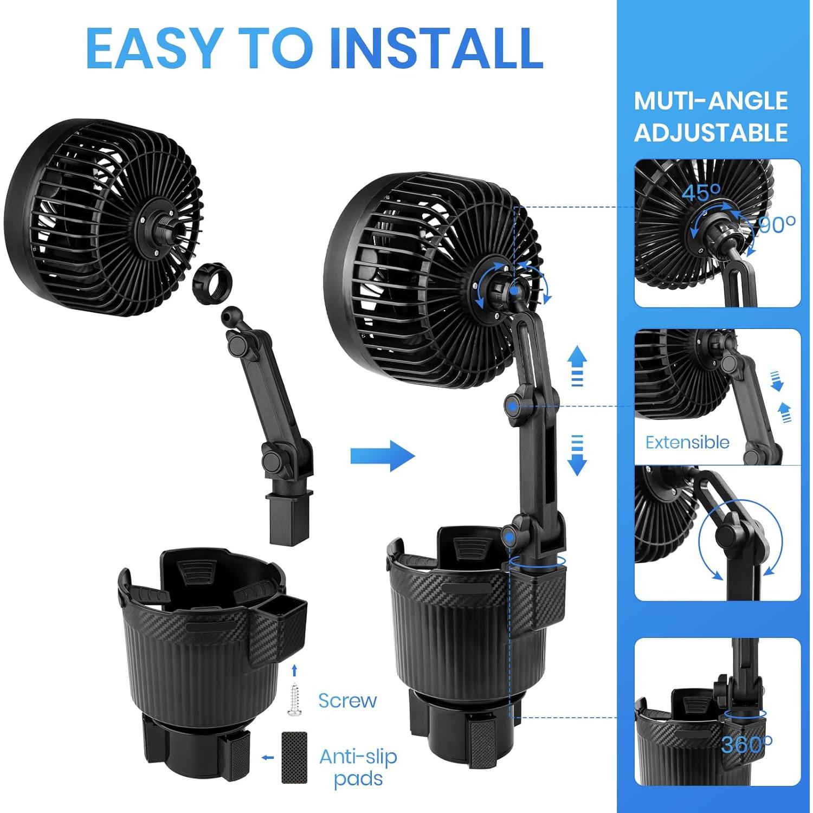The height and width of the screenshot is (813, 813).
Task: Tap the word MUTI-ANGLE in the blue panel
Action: [711, 101]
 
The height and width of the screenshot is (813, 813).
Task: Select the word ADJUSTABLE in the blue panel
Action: [711, 133]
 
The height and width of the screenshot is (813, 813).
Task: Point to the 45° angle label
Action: [701, 192]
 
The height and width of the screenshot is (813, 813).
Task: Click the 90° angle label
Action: [777, 224]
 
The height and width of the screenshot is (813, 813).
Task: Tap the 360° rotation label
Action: [746, 745]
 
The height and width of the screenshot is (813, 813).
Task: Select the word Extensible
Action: [687, 442]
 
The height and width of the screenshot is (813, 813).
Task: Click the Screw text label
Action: [347, 700]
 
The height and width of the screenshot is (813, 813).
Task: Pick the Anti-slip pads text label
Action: [358, 767]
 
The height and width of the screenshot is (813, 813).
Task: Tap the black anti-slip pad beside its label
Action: [294, 757]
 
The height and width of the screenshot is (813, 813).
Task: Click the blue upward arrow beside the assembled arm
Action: [577, 365]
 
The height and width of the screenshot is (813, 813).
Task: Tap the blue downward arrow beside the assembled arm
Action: [577, 455]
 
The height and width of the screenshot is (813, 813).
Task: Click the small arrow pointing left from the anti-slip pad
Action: [267, 757]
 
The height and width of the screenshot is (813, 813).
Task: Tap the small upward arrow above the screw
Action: [294, 670]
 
